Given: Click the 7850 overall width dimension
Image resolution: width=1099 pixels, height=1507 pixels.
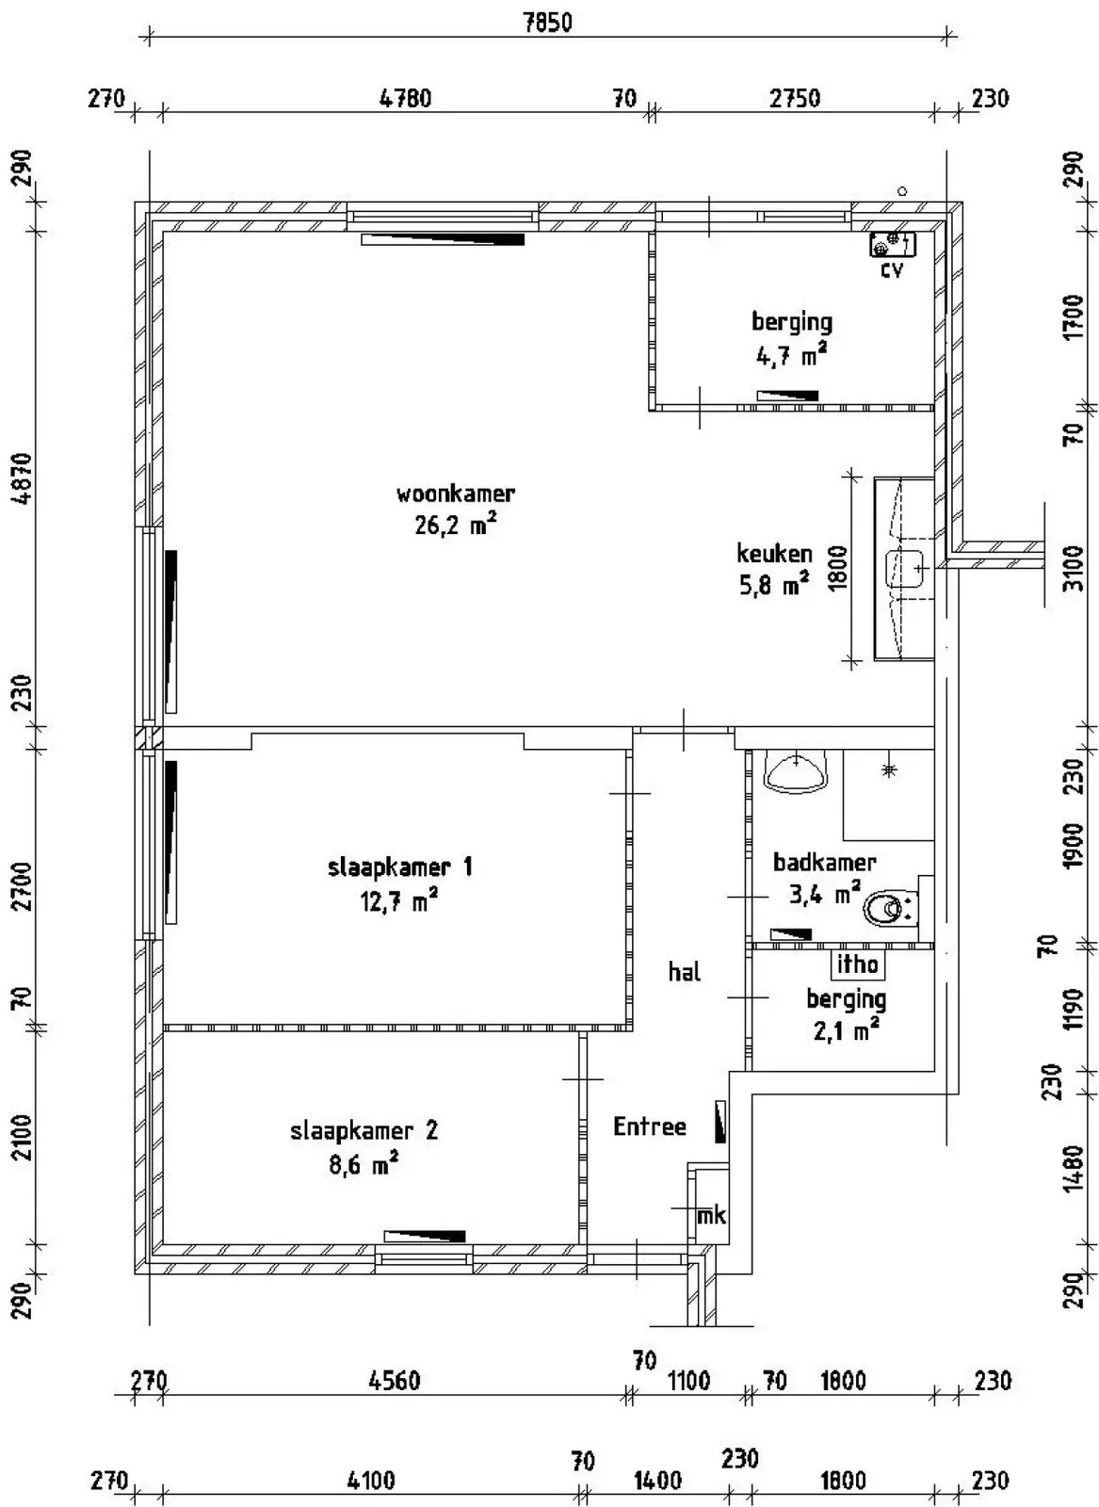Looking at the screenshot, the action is click(547, 23).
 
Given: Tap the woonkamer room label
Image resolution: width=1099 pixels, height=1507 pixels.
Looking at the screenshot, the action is click(456, 494).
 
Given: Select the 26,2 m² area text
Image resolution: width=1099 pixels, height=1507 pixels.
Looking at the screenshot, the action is click(456, 524).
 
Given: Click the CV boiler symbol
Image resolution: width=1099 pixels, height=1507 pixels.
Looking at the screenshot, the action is click(893, 244).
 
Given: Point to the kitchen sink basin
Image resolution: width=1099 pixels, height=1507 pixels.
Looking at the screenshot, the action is click(905, 569).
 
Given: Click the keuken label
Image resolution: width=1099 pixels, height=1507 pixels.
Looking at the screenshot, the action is click(774, 553).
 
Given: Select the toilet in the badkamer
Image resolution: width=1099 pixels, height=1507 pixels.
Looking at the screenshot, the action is click(889, 910).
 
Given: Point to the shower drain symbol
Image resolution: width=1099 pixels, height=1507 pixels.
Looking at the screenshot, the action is click(889, 770).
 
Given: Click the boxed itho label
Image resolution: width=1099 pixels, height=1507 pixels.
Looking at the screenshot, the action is click(858, 964).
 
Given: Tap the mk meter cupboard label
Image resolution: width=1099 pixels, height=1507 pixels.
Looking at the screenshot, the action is click(711, 1216).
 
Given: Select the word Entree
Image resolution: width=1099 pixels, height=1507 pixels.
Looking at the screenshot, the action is click(649, 1126).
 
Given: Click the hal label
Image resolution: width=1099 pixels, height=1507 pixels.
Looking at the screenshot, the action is click(684, 971).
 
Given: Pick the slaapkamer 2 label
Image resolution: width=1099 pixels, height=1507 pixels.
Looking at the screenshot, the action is click(364, 1130).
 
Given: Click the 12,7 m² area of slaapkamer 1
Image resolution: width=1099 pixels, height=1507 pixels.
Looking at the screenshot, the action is click(398, 900).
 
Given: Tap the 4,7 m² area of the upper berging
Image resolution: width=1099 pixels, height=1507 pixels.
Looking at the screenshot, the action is click(792, 354).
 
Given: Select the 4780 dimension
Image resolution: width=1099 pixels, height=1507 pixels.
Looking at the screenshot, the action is click(405, 98).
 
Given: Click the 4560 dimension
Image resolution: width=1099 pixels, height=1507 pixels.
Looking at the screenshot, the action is click(395, 1381).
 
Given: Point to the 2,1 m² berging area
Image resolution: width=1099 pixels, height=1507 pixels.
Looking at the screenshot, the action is click(846, 1029).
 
